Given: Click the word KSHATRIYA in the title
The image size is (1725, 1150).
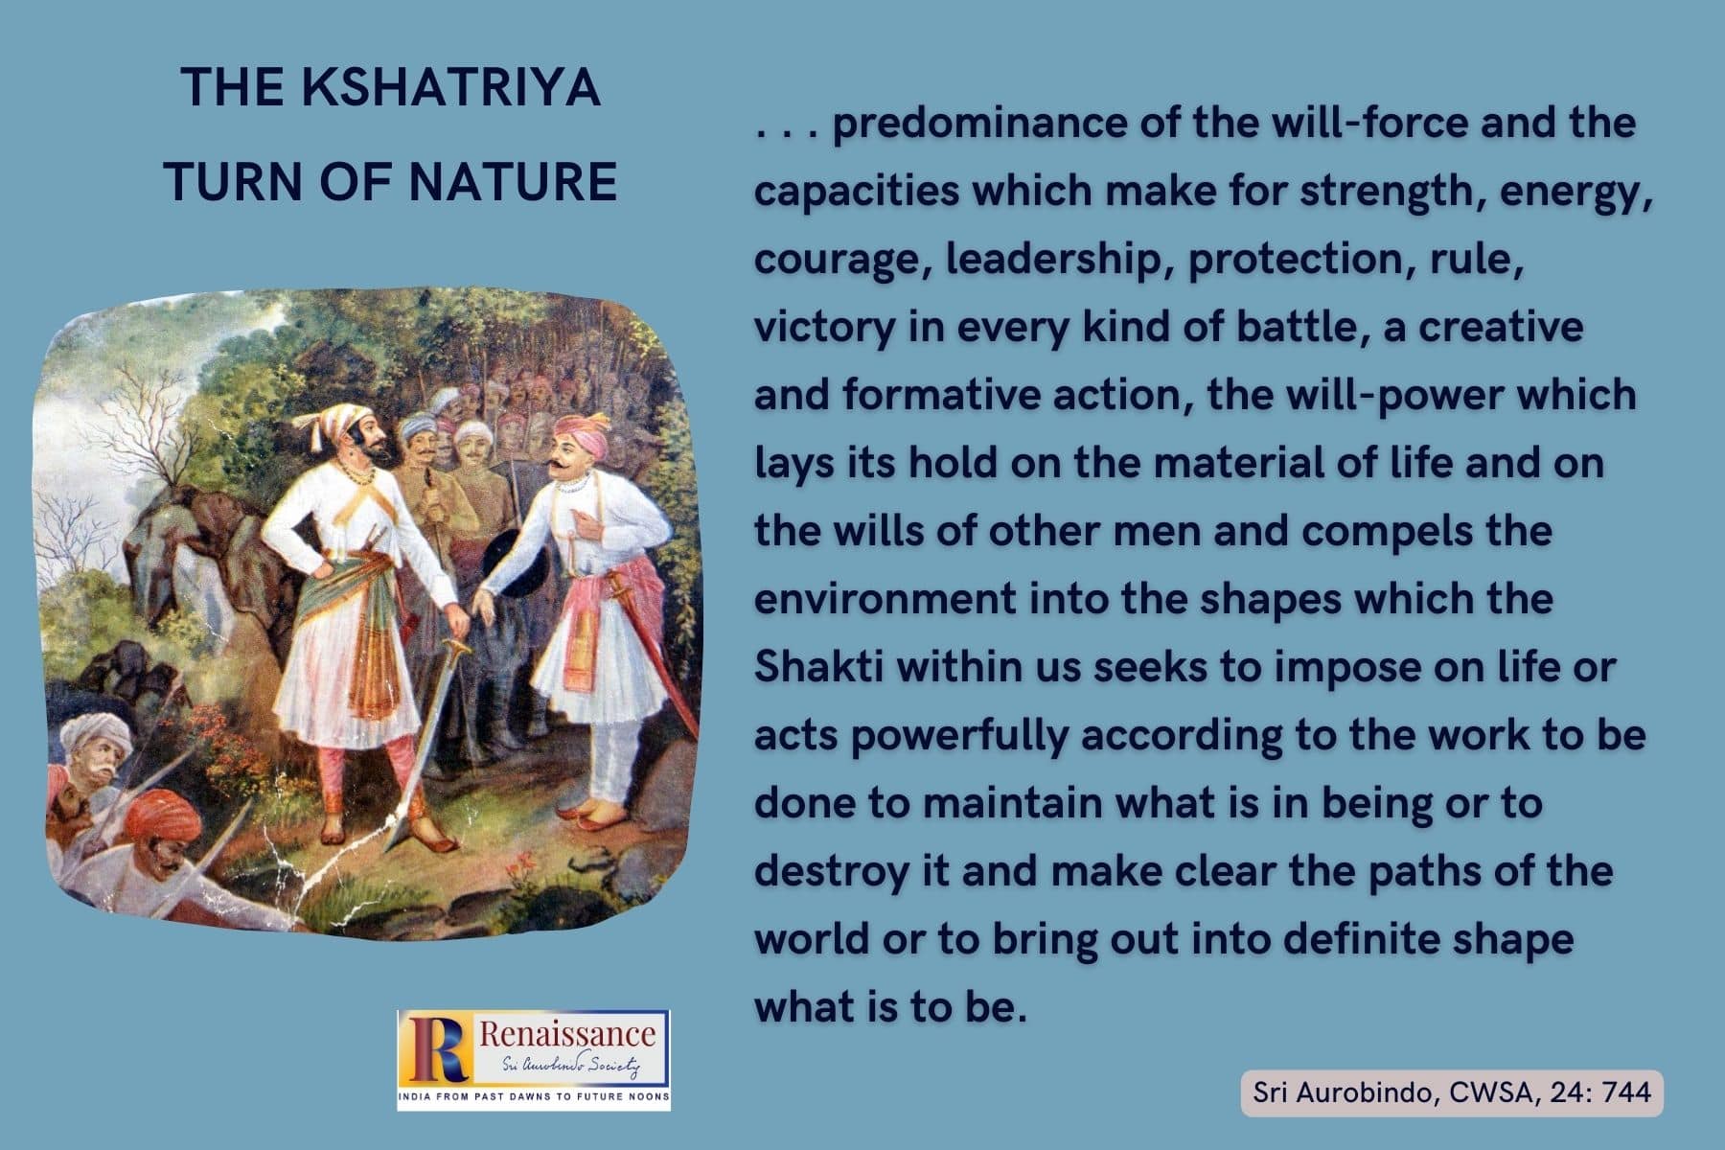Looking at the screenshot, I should click(450, 88).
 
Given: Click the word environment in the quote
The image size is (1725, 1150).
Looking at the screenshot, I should click(884, 599).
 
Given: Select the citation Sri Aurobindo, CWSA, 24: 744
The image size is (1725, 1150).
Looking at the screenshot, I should click(1452, 1092).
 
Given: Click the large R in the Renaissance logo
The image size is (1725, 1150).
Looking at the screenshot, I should click(436, 1047).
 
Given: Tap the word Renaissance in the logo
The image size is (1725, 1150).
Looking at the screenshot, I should click(567, 1033).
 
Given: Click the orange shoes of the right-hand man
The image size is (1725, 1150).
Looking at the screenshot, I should click(588, 817).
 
